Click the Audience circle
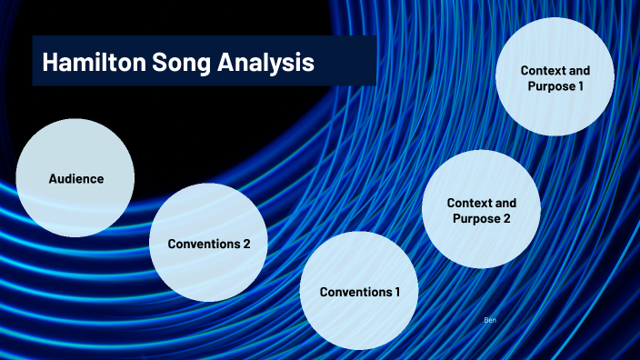click(75, 178)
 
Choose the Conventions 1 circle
click(359, 291)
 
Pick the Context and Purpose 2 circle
click(481, 209)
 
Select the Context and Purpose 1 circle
click(555, 77)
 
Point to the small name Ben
click(490, 321)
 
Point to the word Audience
click(75, 178)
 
